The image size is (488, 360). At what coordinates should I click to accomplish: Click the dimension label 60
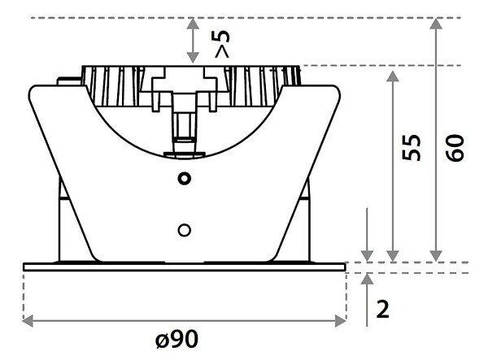click(x=455, y=148)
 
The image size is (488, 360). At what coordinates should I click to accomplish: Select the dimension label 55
click(x=411, y=148)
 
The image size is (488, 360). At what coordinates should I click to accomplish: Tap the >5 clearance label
click(x=222, y=44)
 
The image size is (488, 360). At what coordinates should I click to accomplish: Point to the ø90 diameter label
click(x=176, y=339)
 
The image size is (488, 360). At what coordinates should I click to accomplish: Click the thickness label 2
click(x=383, y=309)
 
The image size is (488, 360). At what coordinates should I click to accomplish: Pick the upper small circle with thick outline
click(x=185, y=179)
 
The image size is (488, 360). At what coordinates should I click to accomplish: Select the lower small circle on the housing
click(x=185, y=230)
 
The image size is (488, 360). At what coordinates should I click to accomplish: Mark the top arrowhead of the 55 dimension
click(x=393, y=76)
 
